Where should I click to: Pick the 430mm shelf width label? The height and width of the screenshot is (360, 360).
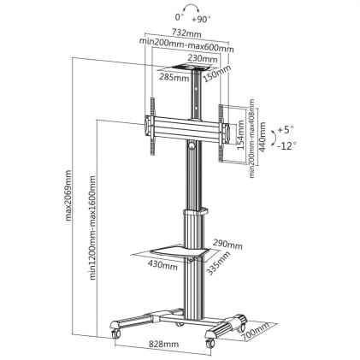pyautogui.click(x=162, y=264)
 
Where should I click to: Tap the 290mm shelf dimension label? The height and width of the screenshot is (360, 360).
pyautogui.click(x=227, y=244)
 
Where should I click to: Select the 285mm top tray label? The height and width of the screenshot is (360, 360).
pyautogui.click(x=174, y=77)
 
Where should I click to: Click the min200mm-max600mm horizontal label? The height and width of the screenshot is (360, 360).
pyautogui.click(x=187, y=48)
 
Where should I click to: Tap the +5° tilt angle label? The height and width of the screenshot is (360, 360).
pyautogui.click(x=286, y=132)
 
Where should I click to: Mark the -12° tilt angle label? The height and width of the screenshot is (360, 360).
pyautogui.click(x=286, y=146)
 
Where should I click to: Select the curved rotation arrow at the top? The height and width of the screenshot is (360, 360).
pyautogui.click(x=181, y=8)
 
